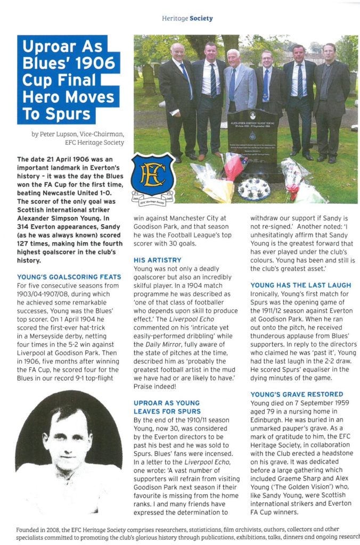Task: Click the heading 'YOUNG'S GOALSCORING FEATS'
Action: (x=65, y=277)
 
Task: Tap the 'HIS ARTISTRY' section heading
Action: (x=157, y=260)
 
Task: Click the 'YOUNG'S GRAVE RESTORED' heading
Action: (x=297, y=394)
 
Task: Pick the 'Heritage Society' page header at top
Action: (x=187, y=18)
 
